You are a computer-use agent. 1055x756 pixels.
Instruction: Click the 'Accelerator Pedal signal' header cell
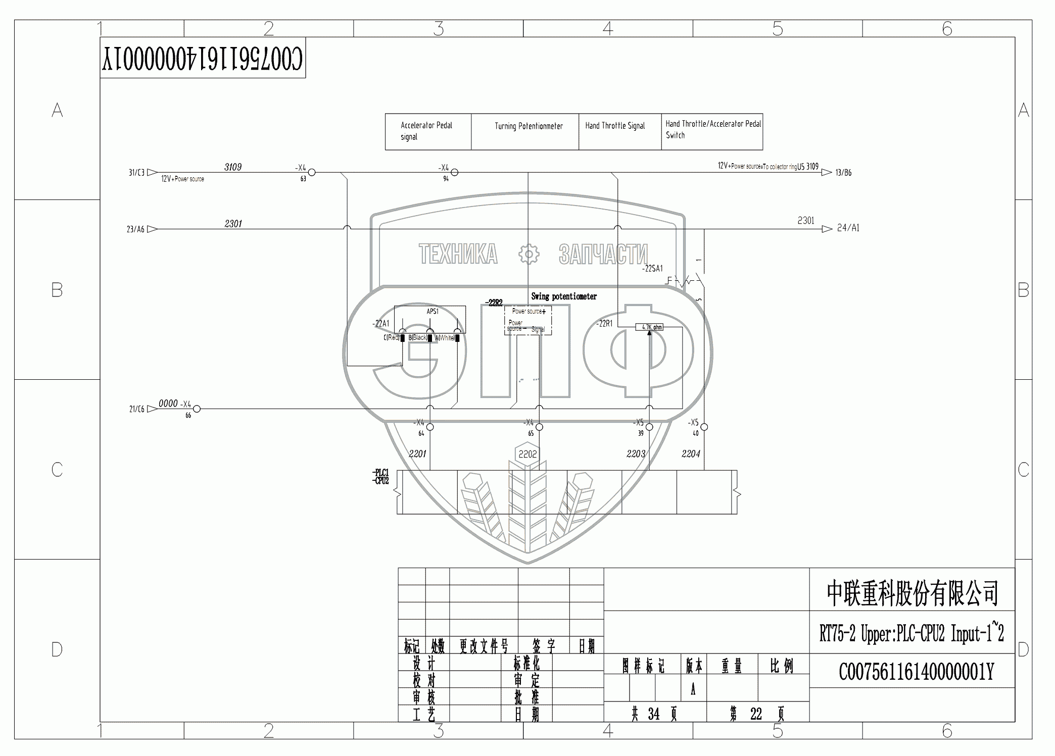pyautogui.click(x=427, y=131)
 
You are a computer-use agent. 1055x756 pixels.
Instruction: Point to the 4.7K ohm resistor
pyautogui.click(x=649, y=327)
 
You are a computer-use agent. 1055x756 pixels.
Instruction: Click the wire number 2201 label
pyautogui.click(x=417, y=454)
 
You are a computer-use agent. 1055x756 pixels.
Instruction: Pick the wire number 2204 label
pyautogui.click(x=691, y=454)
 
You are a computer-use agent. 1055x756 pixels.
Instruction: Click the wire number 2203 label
pyautogui.click(x=636, y=454)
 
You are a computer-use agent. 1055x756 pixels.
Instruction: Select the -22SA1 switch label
pyautogui.click(x=652, y=269)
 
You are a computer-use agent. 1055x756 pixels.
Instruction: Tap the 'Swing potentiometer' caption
pyautogui.click(x=564, y=296)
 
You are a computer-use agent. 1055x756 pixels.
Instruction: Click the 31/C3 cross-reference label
pyautogui.click(x=136, y=173)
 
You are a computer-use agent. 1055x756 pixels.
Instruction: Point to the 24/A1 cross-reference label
pyautogui.click(x=848, y=228)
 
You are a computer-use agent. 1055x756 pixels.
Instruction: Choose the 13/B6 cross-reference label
pyautogui.click(x=843, y=173)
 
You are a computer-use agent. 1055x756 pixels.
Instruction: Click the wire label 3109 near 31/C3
pyautogui.click(x=233, y=167)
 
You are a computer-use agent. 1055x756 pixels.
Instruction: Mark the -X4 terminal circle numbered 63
pyautogui.click(x=312, y=173)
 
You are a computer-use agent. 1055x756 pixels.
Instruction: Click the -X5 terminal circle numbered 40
pyautogui.click(x=704, y=427)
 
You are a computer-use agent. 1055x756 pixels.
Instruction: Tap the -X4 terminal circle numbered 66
pyautogui.click(x=197, y=409)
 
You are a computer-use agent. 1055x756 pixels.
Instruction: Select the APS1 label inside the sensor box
pyautogui.click(x=433, y=312)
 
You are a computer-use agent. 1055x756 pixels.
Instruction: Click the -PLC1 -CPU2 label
pyautogui.click(x=381, y=477)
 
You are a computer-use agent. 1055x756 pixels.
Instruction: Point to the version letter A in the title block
pyautogui.click(x=693, y=689)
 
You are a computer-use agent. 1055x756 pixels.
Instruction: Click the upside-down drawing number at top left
pyautogui.click(x=203, y=59)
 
